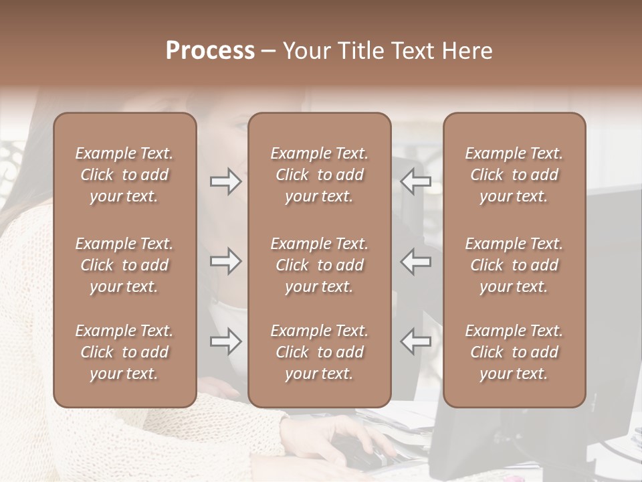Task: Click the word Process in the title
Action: pyautogui.click(x=210, y=51)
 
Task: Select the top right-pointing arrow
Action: pyautogui.click(x=226, y=181)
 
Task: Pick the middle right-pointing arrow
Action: pyautogui.click(x=226, y=261)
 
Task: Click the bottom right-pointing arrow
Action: pyautogui.click(x=226, y=341)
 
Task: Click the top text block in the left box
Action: pyautogui.click(x=124, y=175)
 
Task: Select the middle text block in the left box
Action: pyautogui.click(x=124, y=265)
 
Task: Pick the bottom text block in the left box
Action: pyautogui.click(x=124, y=352)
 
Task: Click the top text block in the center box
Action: pyautogui.click(x=319, y=175)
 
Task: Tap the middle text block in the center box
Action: pyautogui.click(x=319, y=265)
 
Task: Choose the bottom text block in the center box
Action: pyautogui.click(x=319, y=352)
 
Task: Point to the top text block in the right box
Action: pyautogui.click(x=514, y=175)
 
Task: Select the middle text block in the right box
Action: pyautogui.click(x=514, y=265)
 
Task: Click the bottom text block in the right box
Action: pyautogui.click(x=514, y=352)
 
